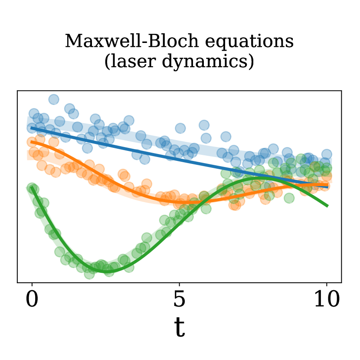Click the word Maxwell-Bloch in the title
click(132, 41)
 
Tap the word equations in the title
click(249, 42)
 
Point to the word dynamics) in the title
click(208, 62)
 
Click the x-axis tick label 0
click(32, 299)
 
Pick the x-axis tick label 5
click(179, 299)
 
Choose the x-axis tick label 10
click(327, 299)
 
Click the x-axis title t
click(179, 327)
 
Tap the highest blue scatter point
click(54, 100)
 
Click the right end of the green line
click(327, 206)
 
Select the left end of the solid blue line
click(31, 128)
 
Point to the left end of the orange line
click(31, 142)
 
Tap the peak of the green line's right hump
click(260, 178)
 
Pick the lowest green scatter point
click(89, 274)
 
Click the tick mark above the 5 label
click(179, 285)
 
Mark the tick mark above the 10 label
click(327, 285)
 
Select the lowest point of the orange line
click(186, 203)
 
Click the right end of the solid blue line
click(327, 187)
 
